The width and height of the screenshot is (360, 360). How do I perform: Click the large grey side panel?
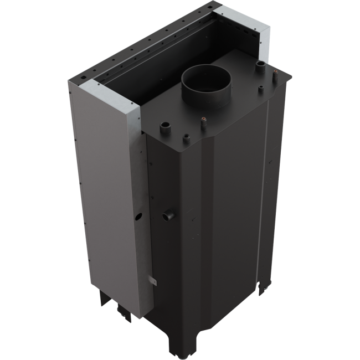point(105,188)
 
